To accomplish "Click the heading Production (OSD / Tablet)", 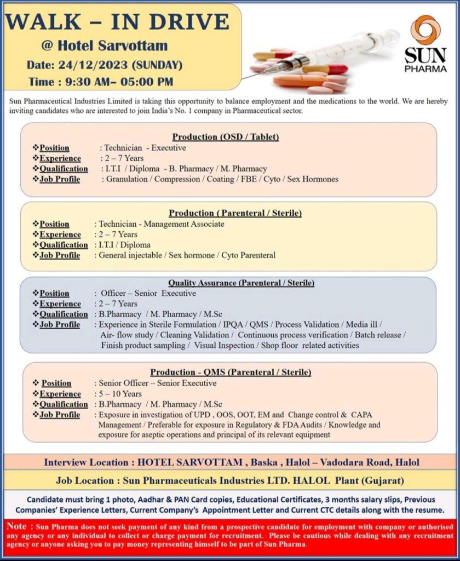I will (x=226, y=137).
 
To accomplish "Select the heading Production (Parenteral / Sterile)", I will (x=235, y=213).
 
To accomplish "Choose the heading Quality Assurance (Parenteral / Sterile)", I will (x=241, y=283).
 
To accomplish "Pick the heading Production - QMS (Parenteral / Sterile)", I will (x=231, y=373).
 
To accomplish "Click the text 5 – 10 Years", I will (x=119, y=394).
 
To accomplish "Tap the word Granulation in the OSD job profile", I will (x=127, y=179).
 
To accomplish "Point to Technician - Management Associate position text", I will (x=161, y=224).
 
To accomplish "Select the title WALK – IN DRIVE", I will (x=117, y=22).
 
